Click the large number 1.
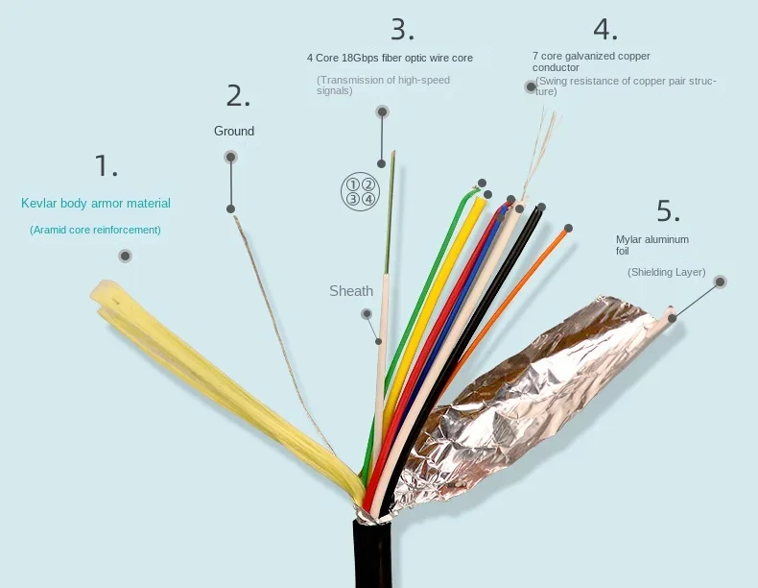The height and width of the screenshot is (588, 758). point(106,165)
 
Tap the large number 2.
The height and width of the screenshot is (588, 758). point(238,95)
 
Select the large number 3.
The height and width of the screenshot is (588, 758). point(402,29)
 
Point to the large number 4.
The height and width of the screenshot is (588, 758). point(604,29)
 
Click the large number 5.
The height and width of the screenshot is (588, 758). point(669,210)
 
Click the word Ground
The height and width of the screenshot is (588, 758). point(234,131)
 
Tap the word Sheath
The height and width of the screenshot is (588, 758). point(351,291)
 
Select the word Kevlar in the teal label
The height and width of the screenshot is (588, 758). point(39,204)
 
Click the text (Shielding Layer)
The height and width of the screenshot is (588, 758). point(666,272)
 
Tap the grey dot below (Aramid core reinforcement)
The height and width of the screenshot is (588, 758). point(125,256)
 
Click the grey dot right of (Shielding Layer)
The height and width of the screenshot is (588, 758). point(720,282)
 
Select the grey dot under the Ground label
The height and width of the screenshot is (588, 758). point(230,157)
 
